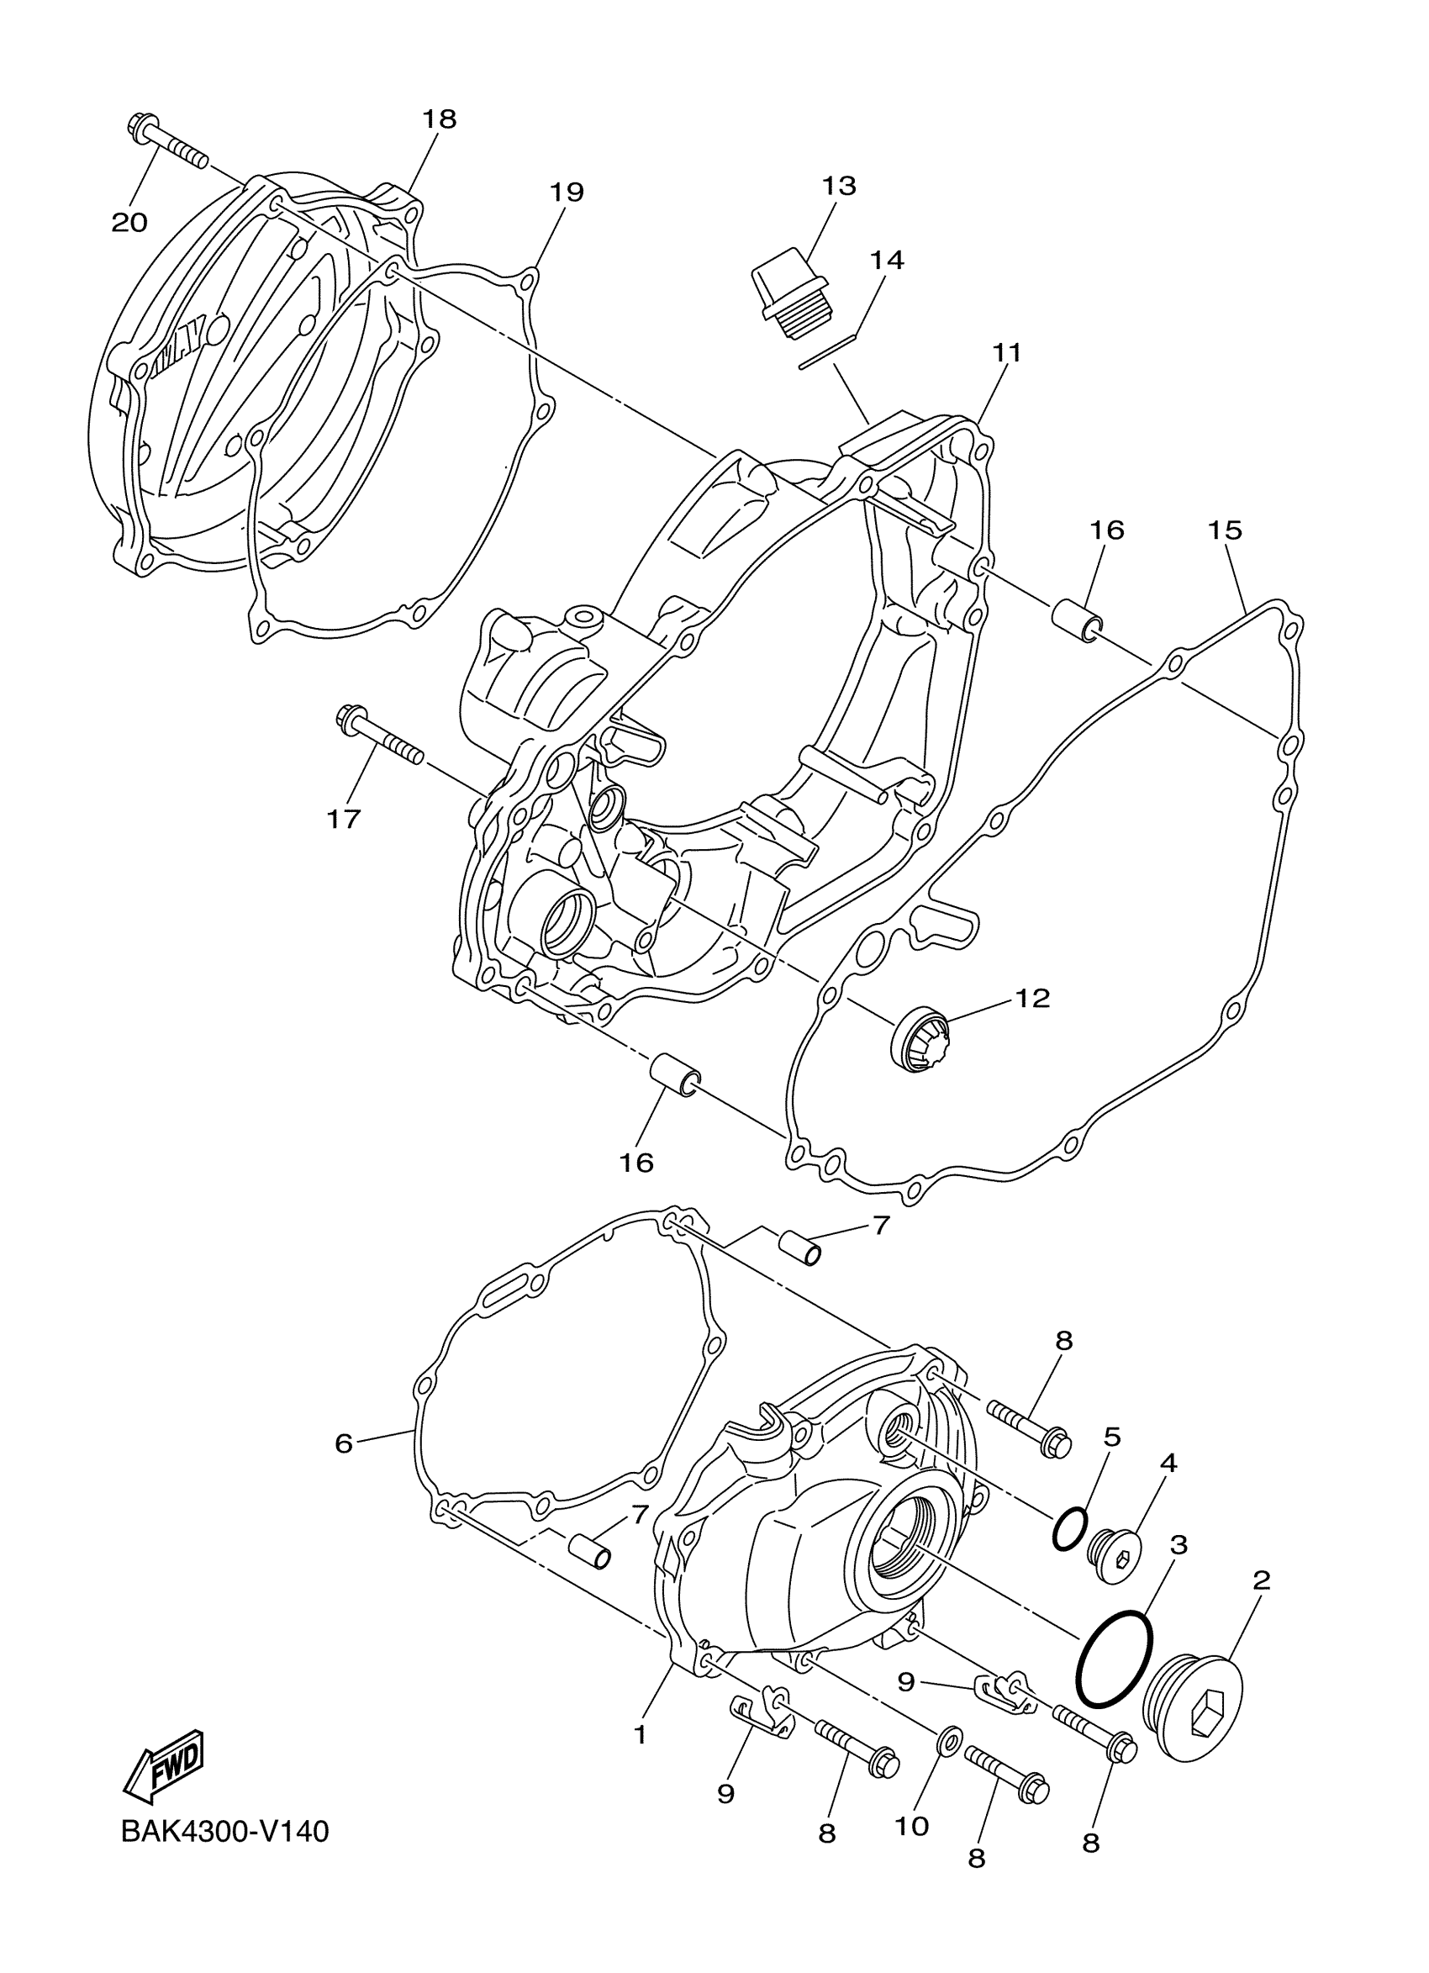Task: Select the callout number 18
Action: [x=440, y=119]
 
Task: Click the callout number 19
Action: [x=567, y=193]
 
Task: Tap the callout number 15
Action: [x=1226, y=530]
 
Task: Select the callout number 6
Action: [x=345, y=1444]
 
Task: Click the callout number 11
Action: [x=1007, y=353]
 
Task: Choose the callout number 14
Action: [x=886, y=260]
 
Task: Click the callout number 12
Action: [x=1032, y=998]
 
